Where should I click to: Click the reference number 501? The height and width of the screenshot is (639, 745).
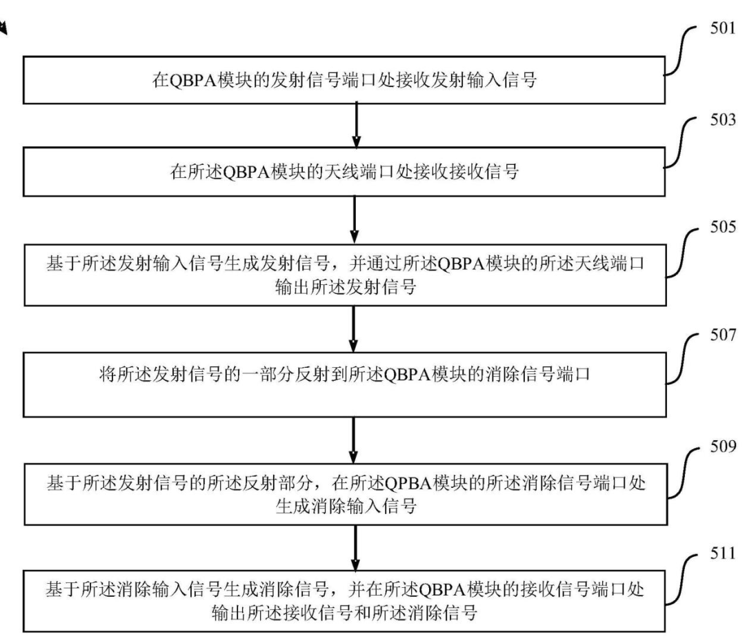pyautogui.click(x=723, y=28)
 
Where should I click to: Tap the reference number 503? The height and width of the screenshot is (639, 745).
pyautogui.click(x=723, y=119)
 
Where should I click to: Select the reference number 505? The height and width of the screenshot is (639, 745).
pyautogui.click(x=723, y=227)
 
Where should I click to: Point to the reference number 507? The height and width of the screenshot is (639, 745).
pyautogui.click(x=723, y=335)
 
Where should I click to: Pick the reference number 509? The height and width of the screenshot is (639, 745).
pyautogui.click(x=723, y=446)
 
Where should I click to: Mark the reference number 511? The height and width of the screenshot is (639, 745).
pyautogui.click(x=723, y=553)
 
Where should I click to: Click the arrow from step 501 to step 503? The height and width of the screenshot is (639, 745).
pyautogui.click(x=356, y=126)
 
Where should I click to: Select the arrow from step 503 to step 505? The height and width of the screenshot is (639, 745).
pyautogui.click(x=355, y=219)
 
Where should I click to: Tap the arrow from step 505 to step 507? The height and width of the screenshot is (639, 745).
pyautogui.click(x=353, y=328)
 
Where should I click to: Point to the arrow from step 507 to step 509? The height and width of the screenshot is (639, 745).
pyautogui.click(x=353, y=440)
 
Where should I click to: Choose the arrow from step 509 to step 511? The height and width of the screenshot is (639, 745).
pyautogui.click(x=355, y=548)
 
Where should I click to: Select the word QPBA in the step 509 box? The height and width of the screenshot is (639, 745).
pyautogui.click(x=408, y=484)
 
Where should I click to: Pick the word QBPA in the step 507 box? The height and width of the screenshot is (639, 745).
pyautogui.click(x=406, y=375)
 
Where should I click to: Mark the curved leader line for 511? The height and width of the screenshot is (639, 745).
pyautogui.click(x=682, y=580)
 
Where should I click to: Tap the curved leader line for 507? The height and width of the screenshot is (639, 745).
pyautogui.click(x=682, y=359)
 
